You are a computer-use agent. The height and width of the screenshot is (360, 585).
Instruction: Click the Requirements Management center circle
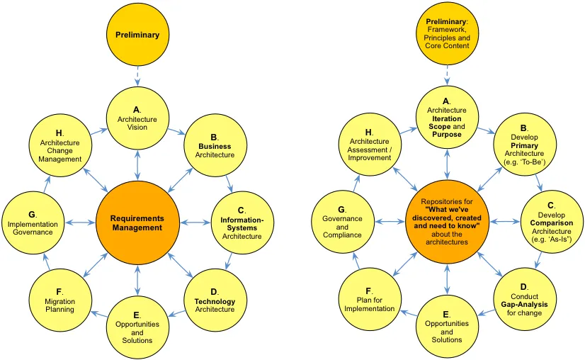point(137,223)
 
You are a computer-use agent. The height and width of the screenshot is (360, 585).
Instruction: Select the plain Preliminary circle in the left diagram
point(137,35)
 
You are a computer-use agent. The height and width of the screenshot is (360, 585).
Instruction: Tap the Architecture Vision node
point(137,118)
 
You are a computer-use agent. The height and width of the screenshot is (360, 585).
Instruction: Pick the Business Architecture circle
point(215,145)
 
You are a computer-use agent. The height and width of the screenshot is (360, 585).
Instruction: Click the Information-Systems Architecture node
point(242,223)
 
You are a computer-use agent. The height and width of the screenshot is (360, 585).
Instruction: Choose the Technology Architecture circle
point(215,300)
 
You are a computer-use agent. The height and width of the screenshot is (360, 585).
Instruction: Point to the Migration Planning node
point(60,300)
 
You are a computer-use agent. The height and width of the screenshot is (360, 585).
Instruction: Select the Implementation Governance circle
point(33,223)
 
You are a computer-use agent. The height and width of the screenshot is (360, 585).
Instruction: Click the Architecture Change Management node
point(60,145)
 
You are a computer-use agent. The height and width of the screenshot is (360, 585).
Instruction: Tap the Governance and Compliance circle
point(343,223)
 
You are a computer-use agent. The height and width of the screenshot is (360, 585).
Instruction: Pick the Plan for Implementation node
point(370,300)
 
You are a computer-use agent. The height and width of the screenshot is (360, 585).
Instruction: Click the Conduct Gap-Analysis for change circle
point(525,300)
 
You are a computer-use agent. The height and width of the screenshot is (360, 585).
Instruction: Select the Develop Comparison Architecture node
point(552,223)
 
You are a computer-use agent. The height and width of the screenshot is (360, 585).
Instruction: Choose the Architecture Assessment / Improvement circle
point(370,145)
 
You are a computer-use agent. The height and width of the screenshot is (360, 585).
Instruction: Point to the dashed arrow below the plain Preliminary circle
point(137,77)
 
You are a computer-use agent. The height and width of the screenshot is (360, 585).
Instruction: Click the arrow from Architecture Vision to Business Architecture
point(176,131)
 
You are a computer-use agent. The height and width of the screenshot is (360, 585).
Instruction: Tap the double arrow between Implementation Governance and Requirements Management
point(80,223)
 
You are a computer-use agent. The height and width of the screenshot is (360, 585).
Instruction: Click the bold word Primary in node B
point(524,145)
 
